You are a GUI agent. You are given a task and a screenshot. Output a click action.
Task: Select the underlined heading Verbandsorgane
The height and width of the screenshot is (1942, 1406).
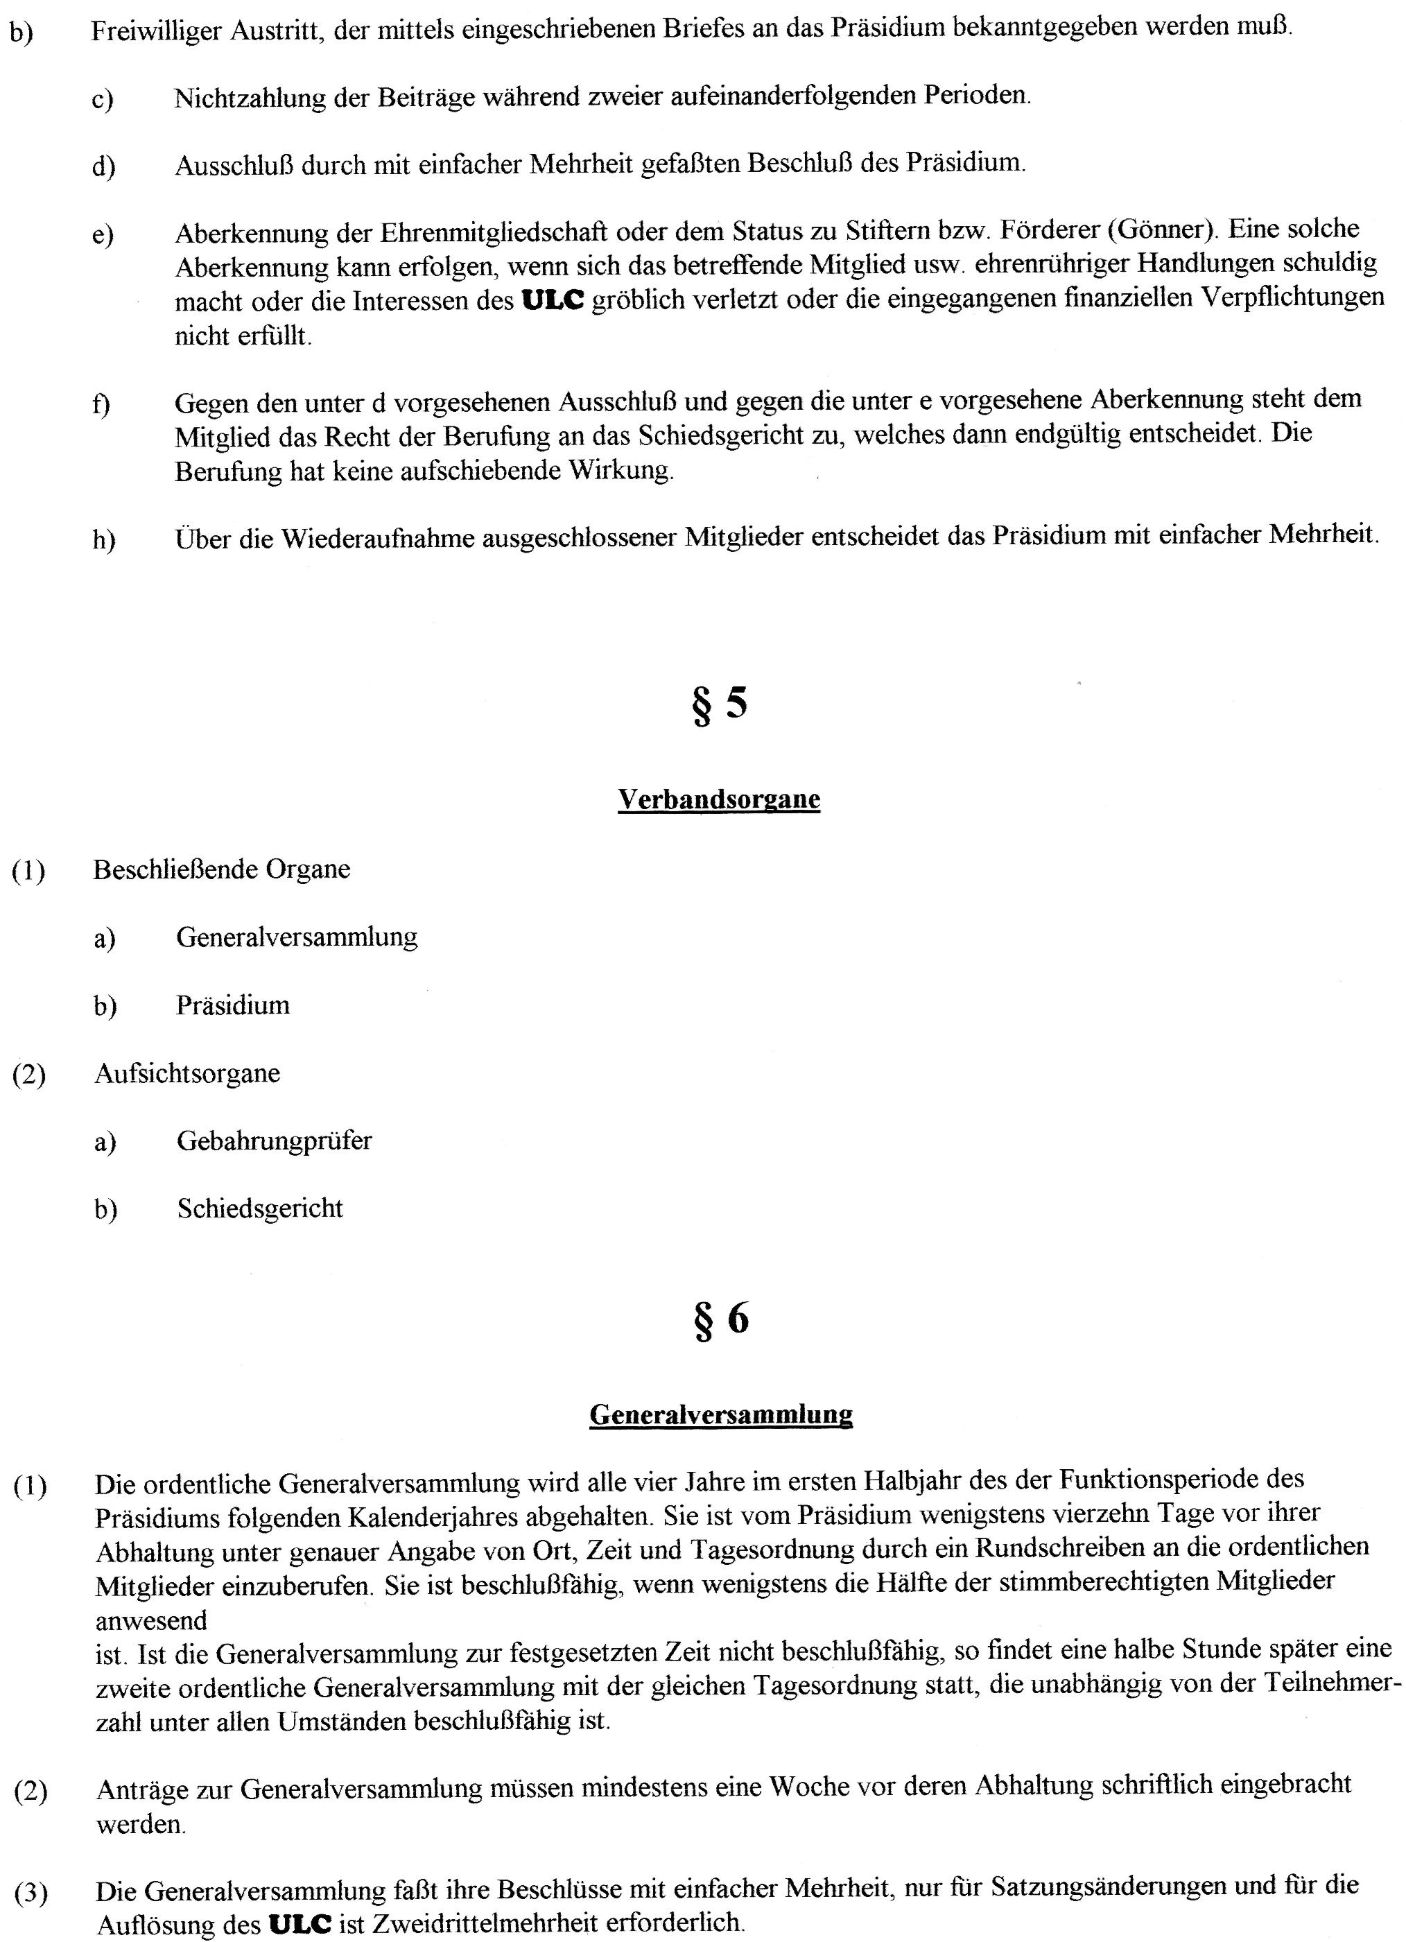click(718, 799)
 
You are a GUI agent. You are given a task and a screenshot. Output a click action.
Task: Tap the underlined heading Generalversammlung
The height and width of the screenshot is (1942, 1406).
click(721, 1414)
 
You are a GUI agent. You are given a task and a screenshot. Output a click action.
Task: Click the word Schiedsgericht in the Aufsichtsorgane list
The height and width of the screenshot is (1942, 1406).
click(259, 1208)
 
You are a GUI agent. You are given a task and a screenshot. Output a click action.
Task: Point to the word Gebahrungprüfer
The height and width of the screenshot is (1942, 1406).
click(274, 1141)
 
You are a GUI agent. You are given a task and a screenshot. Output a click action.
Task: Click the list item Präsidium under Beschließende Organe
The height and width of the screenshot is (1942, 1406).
click(233, 1005)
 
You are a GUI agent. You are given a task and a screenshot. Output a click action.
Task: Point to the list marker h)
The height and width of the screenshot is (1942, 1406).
click(103, 539)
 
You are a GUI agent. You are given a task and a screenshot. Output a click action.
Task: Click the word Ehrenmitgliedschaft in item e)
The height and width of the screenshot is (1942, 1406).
click(495, 233)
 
